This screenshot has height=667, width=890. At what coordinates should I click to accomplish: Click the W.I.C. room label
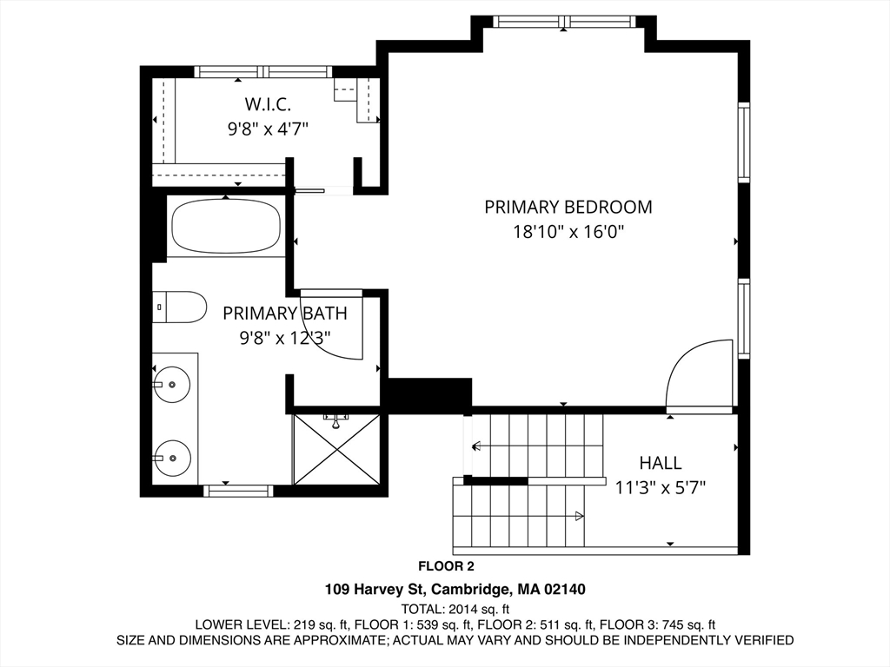[x=268, y=104]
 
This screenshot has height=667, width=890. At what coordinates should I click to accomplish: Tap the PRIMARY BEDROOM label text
[x=568, y=207]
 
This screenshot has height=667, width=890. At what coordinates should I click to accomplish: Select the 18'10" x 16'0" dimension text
[x=568, y=232]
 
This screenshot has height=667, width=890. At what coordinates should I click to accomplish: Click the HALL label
[x=661, y=463]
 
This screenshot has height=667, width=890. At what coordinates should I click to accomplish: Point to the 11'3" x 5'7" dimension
[x=661, y=488]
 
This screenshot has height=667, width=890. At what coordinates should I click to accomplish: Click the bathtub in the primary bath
[x=226, y=227]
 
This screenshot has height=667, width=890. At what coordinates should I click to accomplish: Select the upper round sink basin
[x=171, y=385]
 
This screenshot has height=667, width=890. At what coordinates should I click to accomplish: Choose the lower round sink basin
[x=172, y=458]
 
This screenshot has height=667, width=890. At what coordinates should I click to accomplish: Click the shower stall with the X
[x=336, y=449]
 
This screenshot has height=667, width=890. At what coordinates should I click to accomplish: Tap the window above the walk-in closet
[x=263, y=72]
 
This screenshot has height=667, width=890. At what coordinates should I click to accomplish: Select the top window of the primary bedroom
[x=563, y=22]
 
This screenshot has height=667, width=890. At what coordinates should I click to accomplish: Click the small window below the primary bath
[x=238, y=491]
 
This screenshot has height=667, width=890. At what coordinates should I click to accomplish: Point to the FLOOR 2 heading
[x=446, y=566]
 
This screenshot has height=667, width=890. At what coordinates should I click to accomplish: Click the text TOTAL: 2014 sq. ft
[x=455, y=609]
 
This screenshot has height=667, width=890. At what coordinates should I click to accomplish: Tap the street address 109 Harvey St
[x=375, y=590]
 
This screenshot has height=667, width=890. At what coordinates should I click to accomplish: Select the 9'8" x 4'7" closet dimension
[x=268, y=129]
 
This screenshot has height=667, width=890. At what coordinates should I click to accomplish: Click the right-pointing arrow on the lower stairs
[x=580, y=516]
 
